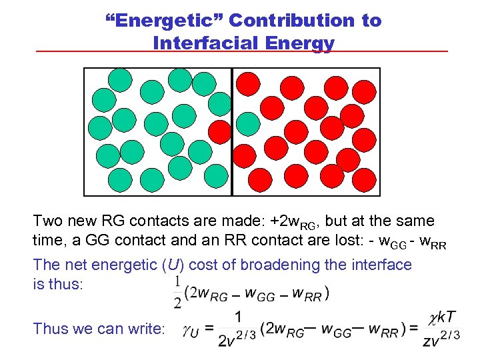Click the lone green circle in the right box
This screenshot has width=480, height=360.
click(249, 123)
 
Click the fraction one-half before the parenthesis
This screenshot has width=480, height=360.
click(177, 292)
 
